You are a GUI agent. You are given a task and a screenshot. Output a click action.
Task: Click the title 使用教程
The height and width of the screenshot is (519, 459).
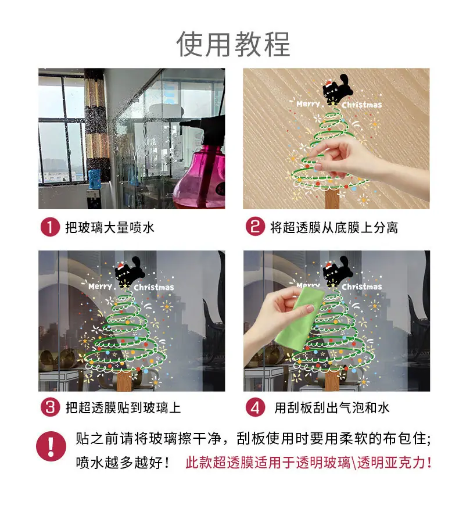[x=233, y=44]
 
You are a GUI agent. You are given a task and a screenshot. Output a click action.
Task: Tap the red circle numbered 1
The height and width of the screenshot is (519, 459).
[x=50, y=227]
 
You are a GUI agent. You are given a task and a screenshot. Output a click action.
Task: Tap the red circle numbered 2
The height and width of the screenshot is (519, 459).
[x=255, y=227]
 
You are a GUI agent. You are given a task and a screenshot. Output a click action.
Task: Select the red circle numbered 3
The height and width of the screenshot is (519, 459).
[x=50, y=407]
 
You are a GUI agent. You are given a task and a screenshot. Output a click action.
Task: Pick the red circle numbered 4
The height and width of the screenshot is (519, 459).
[x=255, y=407]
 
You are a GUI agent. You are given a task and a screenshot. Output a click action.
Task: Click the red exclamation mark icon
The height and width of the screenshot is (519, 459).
[x=51, y=446]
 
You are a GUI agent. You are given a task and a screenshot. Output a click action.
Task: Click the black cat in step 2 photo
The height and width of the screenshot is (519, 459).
[x=336, y=88]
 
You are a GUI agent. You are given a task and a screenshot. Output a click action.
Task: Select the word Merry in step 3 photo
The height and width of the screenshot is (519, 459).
[x=101, y=287]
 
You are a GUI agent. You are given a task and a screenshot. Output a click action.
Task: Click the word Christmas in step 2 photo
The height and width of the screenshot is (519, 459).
[x=362, y=105]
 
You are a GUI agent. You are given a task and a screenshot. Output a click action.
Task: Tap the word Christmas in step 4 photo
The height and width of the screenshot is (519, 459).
[x=362, y=287]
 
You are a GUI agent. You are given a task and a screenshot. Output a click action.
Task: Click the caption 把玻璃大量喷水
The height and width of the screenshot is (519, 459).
[x=110, y=228]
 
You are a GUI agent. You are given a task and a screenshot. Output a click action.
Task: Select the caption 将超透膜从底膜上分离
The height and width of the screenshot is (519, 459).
[x=334, y=228]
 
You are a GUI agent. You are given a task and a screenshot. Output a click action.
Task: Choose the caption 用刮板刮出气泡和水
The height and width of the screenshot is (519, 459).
[x=332, y=408]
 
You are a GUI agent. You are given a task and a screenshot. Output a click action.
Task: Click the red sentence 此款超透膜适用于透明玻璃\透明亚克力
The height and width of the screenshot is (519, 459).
[x=309, y=463]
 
